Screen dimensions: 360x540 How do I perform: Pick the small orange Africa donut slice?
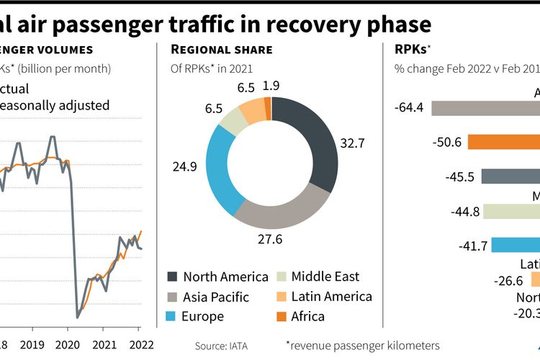[268, 109]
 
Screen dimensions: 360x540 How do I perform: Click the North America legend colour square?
[172, 277]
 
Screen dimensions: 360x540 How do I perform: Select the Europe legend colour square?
[172, 316]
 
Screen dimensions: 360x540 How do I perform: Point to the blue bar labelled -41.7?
[514, 246]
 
